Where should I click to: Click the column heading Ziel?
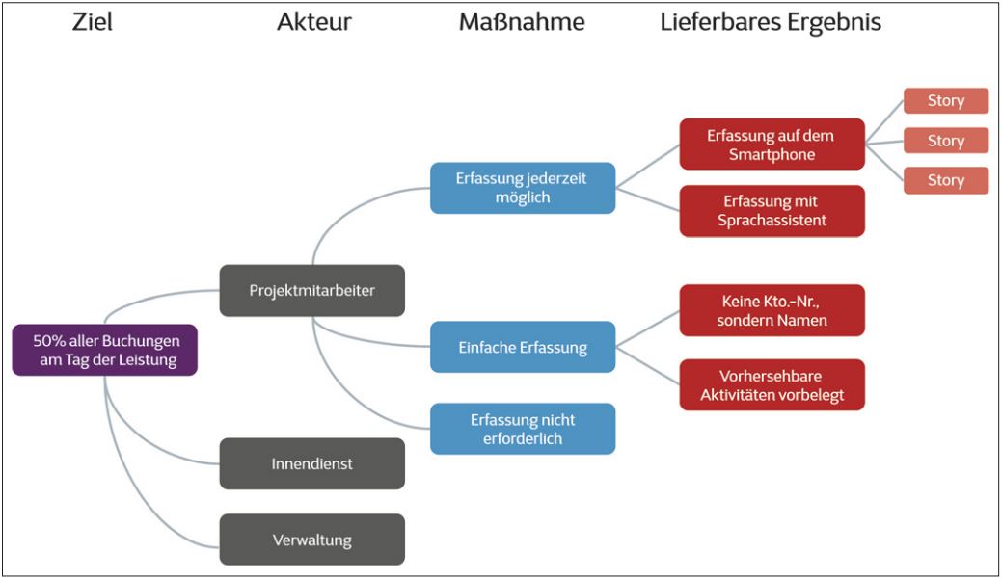click(x=92, y=22)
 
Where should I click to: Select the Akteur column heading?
click(x=313, y=22)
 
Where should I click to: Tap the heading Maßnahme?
click(x=522, y=22)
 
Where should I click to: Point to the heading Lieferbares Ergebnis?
click(x=771, y=22)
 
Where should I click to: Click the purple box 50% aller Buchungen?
click(x=105, y=350)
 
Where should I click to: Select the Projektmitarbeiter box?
click(x=312, y=290)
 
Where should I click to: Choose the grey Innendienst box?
click(x=312, y=463)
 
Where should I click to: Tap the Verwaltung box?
click(x=312, y=539)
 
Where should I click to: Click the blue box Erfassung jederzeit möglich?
click(x=522, y=188)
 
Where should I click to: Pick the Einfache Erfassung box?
click(x=522, y=347)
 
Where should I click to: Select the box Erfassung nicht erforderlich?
click(x=522, y=429)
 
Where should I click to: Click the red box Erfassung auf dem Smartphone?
click(x=772, y=145)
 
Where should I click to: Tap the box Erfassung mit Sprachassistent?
click(x=772, y=211)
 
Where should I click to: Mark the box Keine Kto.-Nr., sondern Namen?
click(x=772, y=310)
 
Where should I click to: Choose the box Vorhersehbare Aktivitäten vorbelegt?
click(x=772, y=385)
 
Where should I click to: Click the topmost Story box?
click(x=946, y=101)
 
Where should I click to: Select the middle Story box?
click(x=946, y=141)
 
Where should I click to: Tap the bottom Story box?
click(x=946, y=180)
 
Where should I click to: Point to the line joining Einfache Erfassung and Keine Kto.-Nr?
click(x=648, y=328)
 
